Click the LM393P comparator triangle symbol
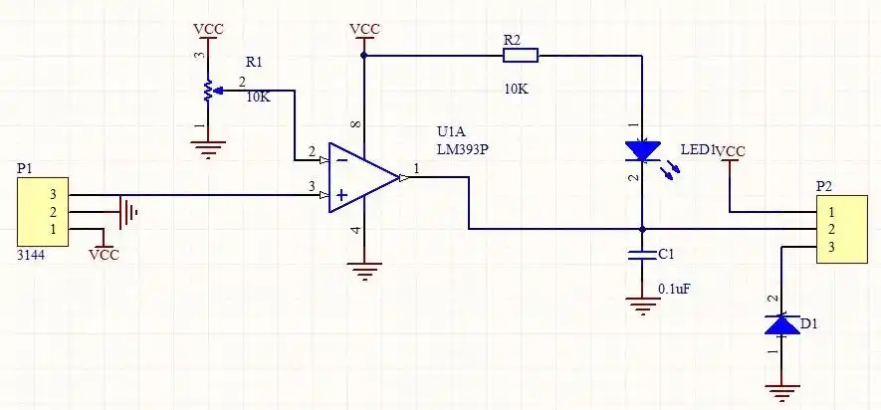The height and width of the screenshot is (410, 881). (x=362, y=177)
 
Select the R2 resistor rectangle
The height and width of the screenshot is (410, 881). (x=520, y=55)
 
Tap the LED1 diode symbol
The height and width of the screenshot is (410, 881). (x=642, y=151)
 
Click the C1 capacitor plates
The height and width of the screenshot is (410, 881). (x=642, y=254)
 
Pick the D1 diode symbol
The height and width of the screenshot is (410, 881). (x=781, y=324)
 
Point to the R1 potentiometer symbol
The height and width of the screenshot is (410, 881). (x=208, y=91)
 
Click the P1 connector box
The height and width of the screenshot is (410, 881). (x=43, y=213)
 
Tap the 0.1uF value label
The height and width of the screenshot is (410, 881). (x=674, y=289)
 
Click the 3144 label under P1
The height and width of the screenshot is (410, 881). (x=32, y=256)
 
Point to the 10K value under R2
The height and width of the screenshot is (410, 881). (x=516, y=89)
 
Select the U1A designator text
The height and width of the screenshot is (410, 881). (x=451, y=131)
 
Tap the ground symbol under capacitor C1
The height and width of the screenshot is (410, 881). (x=642, y=305)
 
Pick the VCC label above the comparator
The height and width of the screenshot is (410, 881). (x=364, y=30)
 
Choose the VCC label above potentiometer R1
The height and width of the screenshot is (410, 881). (x=208, y=29)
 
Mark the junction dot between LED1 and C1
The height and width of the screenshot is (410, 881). (x=642, y=228)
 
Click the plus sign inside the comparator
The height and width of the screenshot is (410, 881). (x=341, y=196)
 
